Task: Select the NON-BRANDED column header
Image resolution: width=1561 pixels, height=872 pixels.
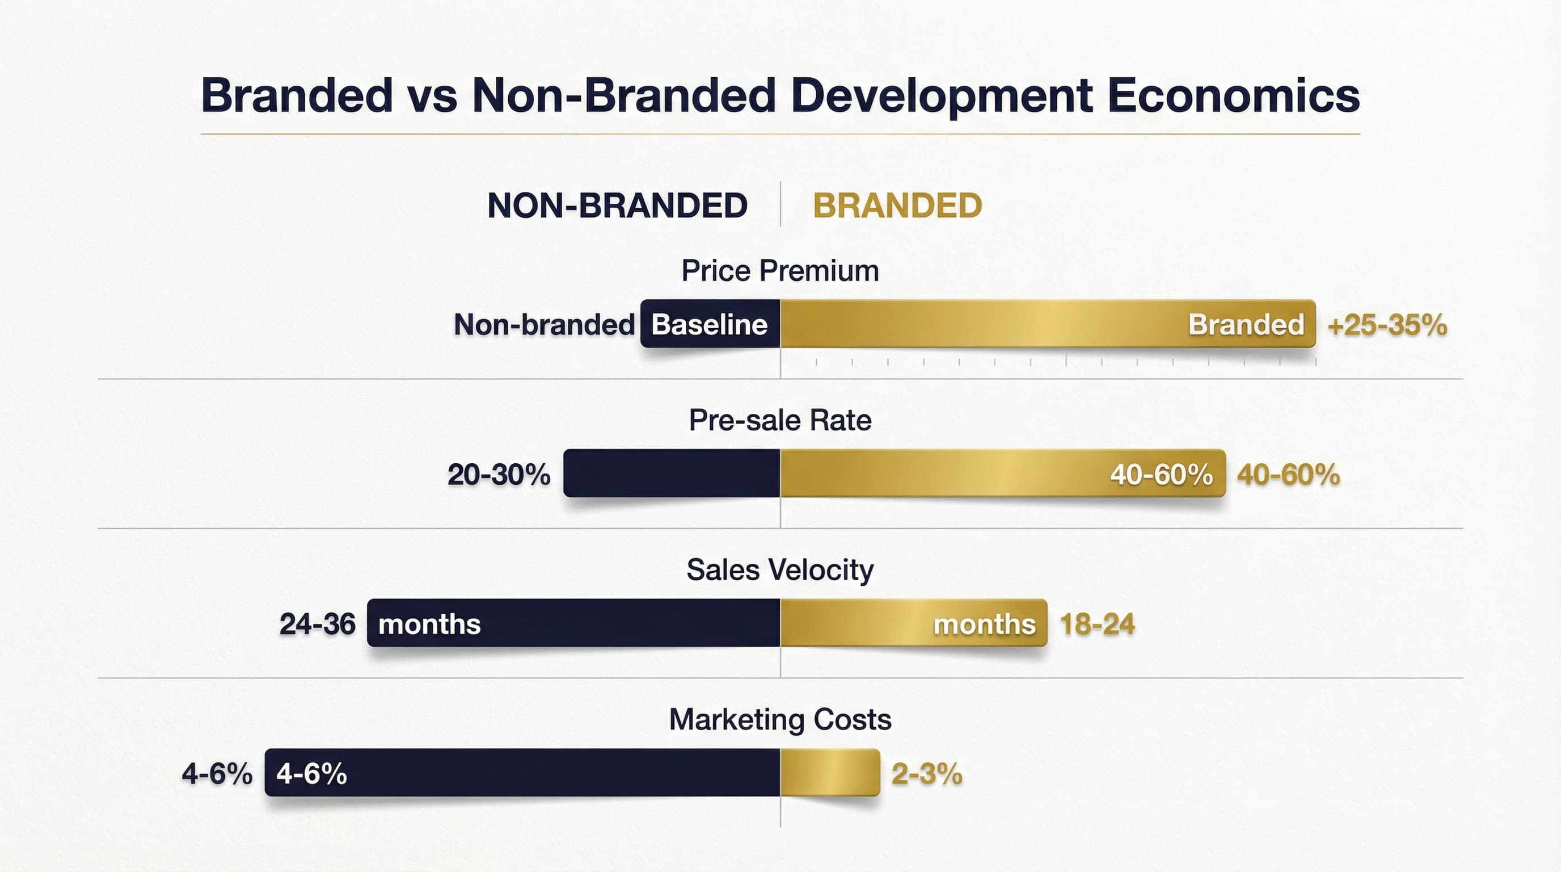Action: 617,206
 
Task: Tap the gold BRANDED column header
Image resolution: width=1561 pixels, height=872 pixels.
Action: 897,206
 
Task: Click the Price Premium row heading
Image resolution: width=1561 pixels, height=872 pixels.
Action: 780,270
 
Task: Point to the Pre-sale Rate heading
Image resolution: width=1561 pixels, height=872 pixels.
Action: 780,420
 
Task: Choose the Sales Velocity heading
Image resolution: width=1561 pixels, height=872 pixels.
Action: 780,570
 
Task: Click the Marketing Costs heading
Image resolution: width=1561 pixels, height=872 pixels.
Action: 780,720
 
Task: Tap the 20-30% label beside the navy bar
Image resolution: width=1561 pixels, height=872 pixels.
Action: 499,474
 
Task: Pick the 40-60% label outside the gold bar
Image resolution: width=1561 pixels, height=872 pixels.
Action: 1288,474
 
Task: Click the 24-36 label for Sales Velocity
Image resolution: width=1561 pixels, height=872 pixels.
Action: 317,624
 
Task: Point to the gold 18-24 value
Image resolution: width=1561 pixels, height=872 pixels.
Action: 1097,624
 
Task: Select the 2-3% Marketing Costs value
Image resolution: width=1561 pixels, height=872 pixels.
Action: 926,774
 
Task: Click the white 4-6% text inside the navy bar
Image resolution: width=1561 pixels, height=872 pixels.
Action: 311,774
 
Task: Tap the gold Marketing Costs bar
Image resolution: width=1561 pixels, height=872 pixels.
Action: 830,773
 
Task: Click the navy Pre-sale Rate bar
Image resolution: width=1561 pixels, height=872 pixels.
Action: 672,473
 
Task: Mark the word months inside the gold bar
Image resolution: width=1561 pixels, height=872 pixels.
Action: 984,624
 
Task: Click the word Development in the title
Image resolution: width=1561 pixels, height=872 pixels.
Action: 941,96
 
